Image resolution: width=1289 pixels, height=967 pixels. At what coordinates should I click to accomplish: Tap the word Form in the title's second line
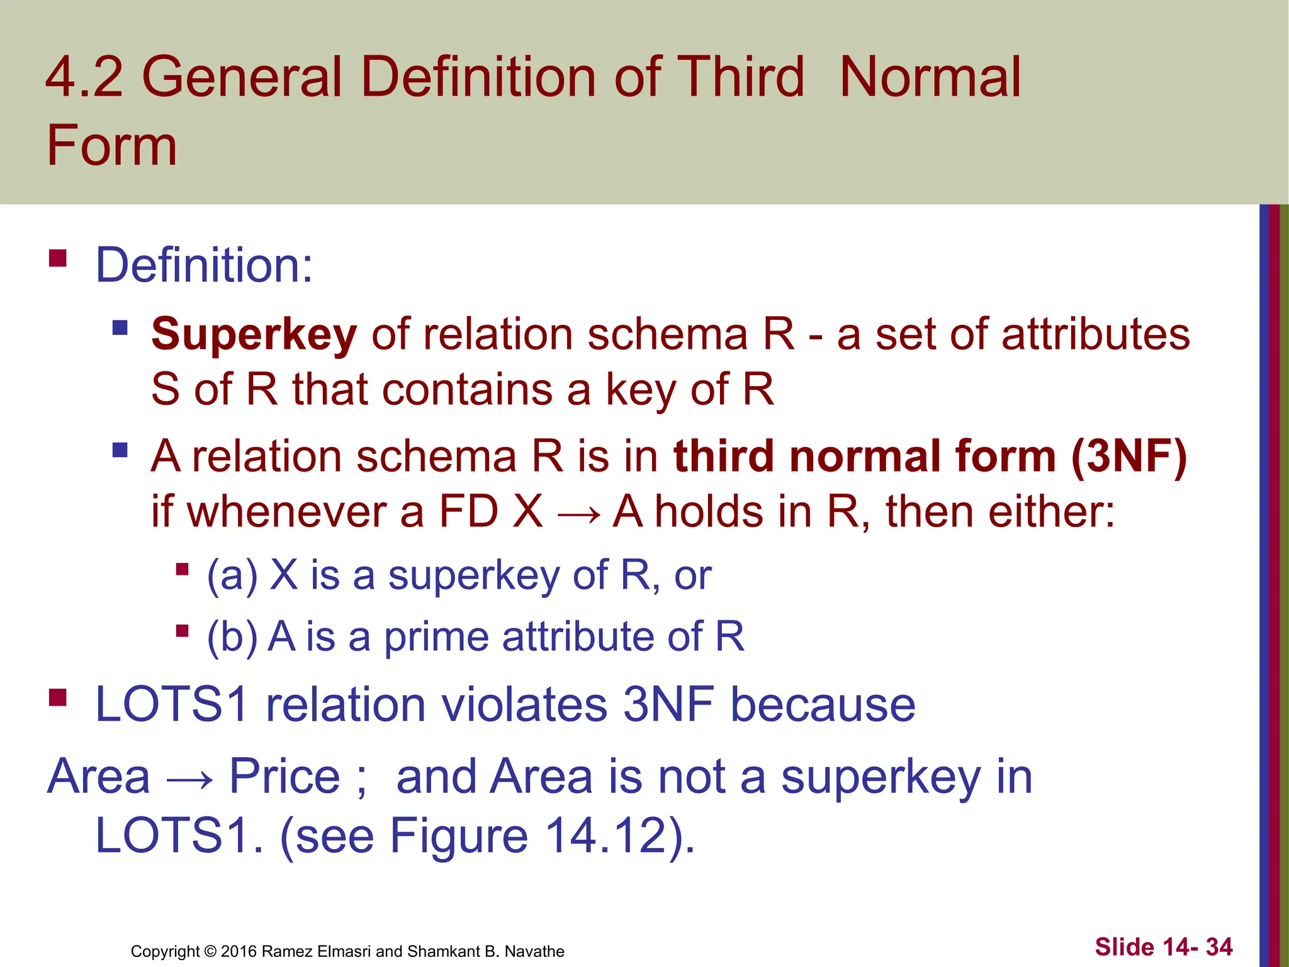111,146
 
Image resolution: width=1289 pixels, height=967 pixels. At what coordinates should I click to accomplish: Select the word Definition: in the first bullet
203,265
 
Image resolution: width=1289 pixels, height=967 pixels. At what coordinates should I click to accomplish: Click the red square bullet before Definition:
58,259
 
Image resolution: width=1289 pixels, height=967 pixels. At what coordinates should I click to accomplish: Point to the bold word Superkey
254,334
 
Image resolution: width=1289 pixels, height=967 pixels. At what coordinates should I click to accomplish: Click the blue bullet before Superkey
120,327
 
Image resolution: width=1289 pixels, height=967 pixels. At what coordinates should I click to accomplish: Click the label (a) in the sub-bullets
232,575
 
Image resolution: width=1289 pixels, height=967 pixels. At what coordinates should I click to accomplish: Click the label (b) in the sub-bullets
232,636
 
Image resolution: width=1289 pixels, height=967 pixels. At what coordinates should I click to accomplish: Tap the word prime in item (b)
436,637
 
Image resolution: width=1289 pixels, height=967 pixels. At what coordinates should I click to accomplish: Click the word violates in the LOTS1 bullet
524,704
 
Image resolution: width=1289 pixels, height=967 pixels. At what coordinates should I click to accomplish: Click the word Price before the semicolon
284,776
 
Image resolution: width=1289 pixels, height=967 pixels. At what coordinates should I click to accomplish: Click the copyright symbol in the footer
210,951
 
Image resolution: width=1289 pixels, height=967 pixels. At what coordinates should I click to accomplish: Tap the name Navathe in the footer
534,951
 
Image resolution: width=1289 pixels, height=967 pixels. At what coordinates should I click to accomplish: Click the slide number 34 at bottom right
1219,947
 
